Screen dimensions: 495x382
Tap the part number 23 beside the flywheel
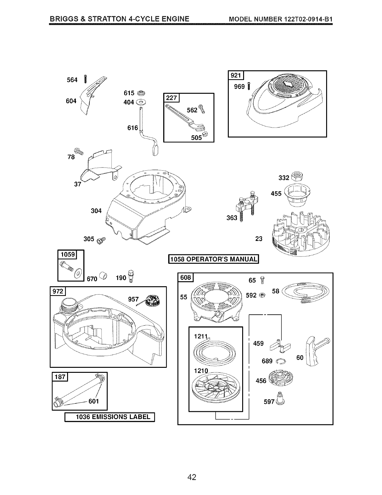(x=259, y=239)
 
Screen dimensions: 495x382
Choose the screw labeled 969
(x=249, y=86)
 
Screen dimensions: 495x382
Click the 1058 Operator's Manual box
(x=214, y=259)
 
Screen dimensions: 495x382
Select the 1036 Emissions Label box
(x=110, y=417)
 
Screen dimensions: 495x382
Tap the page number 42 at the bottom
(x=192, y=477)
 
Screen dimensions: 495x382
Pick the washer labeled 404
(x=142, y=102)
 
